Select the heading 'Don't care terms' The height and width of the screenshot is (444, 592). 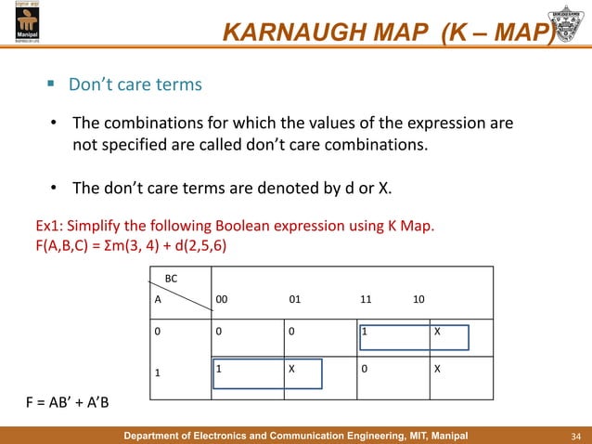[x=135, y=85]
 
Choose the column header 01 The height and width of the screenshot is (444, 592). [x=294, y=301]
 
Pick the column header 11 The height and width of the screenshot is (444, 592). [x=367, y=301]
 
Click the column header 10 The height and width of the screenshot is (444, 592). [x=419, y=301]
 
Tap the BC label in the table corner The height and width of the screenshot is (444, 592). [x=171, y=277]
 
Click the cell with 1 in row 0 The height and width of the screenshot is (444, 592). [x=366, y=331]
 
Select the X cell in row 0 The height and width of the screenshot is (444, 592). [x=438, y=331]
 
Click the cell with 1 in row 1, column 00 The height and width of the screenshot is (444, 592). [x=219, y=369]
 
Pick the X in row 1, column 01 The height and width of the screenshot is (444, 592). [x=292, y=369]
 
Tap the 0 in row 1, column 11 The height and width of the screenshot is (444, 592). [x=365, y=369]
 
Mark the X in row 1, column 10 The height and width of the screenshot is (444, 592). [x=438, y=369]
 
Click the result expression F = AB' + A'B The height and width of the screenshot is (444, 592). [x=71, y=402]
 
